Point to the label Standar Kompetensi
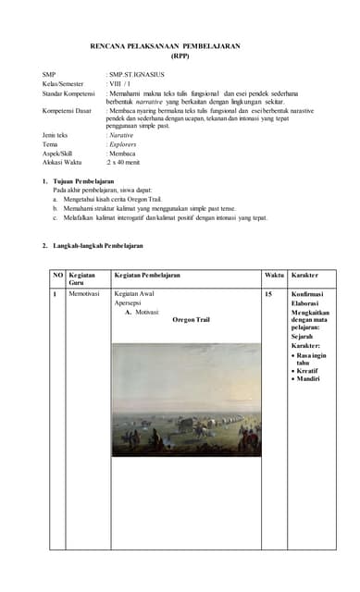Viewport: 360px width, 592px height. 69,93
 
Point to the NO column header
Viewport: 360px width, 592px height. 57,275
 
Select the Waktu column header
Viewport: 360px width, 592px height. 274,275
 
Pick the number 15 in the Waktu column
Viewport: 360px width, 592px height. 268,293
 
